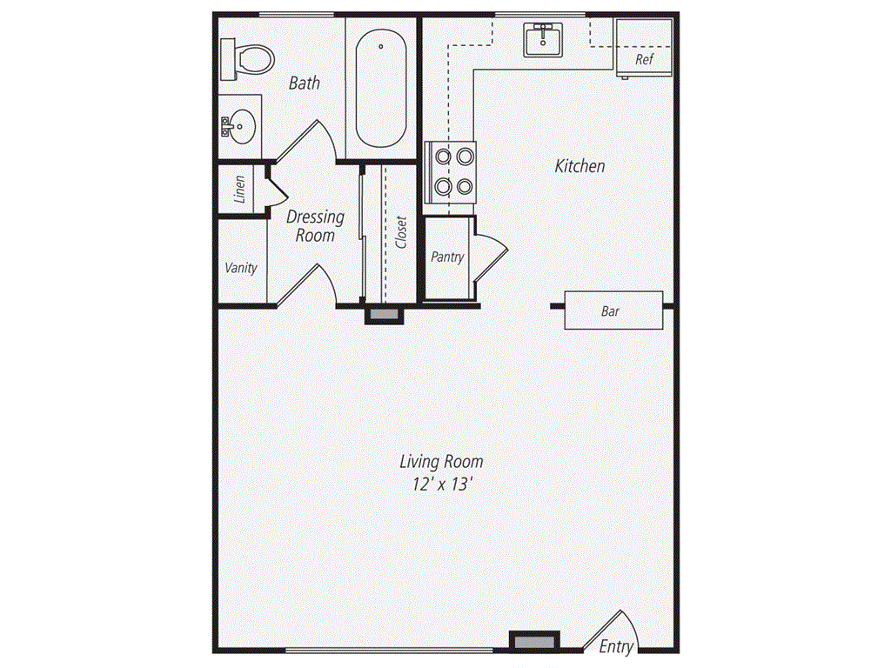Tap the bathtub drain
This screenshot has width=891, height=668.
click(x=381, y=47)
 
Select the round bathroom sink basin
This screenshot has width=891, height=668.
click(x=244, y=127)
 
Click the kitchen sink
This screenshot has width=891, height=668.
click(x=543, y=40)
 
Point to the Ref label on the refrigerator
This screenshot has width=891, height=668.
click(x=645, y=59)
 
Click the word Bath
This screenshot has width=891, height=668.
click(x=305, y=83)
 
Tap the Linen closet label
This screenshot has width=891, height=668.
click(x=240, y=189)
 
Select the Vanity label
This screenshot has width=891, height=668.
click(x=241, y=268)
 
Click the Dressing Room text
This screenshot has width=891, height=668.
click(x=315, y=225)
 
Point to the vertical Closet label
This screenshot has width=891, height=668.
click(x=401, y=231)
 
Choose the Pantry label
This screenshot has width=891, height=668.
click(x=448, y=257)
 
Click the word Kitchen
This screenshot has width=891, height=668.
click(x=579, y=166)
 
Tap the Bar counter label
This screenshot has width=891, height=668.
click(x=610, y=311)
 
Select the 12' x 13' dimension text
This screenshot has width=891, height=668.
click(x=443, y=484)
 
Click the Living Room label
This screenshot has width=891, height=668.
click(x=441, y=461)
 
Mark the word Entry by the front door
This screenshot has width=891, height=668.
click(x=617, y=646)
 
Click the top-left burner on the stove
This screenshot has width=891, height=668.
click(x=443, y=156)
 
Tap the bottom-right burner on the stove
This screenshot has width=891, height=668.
click(x=465, y=186)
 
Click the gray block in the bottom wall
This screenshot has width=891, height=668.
click(x=534, y=642)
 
